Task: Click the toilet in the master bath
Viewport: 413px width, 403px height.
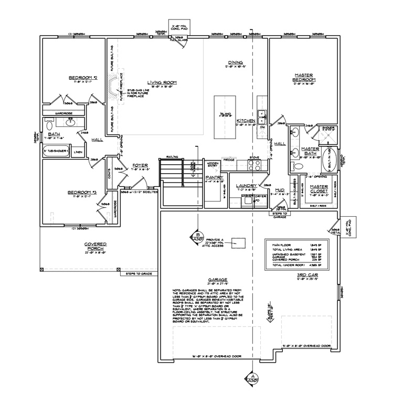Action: [298, 166]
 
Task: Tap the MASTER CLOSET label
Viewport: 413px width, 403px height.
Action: [319, 188]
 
